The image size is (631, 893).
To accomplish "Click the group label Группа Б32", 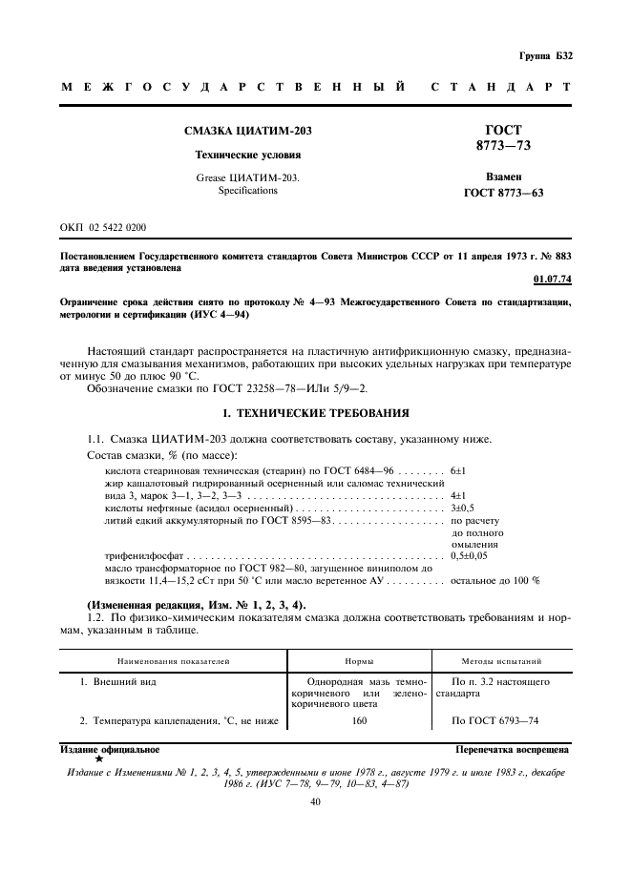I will pyautogui.click(x=546, y=56).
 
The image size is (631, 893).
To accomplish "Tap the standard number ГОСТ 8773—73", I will pyautogui.click(x=503, y=137).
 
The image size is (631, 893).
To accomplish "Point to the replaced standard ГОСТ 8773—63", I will pyautogui.click(x=503, y=193).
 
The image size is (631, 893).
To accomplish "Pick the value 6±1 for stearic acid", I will pyautogui.click(x=457, y=471).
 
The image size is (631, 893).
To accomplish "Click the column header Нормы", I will pyautogui.click(x=358, y=660).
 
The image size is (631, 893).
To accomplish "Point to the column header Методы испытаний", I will pyautogui.click(x=502, y=660).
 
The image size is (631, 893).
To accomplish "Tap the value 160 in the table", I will pyautogui.click(x=358, y=720).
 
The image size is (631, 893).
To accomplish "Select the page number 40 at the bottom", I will pyautogui.click(x=315, y=802).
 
